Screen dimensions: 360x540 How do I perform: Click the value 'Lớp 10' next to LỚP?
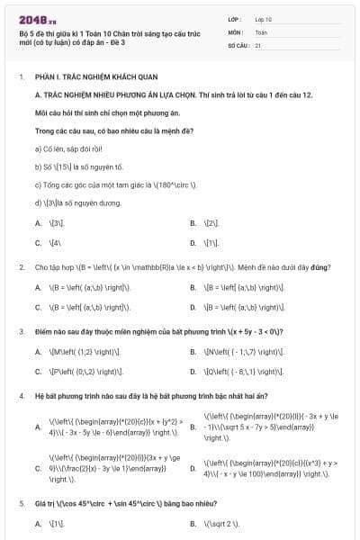coord(264,18)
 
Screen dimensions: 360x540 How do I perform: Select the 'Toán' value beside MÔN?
coord(261,31)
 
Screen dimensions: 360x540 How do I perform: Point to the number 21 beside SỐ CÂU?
coord(258,44)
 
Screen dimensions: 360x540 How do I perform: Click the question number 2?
coord(21,267)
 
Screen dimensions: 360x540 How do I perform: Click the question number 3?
coord(21,331)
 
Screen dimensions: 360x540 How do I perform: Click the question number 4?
coord(21,395)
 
